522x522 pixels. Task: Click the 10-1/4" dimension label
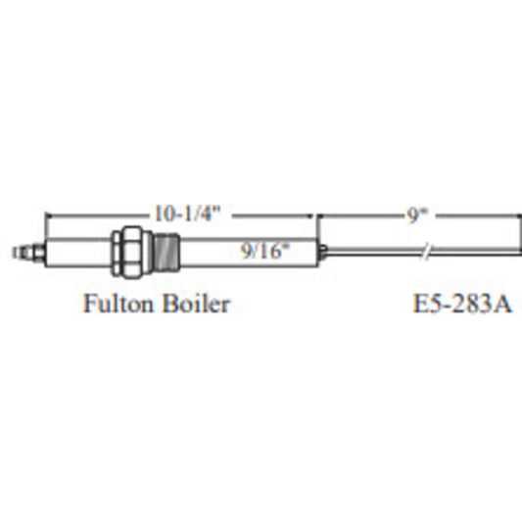tap(187, 214)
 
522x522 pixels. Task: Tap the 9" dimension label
tap(417, 215)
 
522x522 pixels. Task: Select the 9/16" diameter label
tap(265, 251)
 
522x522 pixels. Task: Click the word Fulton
tap(119, 304)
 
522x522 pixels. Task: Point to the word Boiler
tap(197, 304)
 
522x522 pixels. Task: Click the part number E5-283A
tap(461, 304)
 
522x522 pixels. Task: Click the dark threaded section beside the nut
tap(166, 252)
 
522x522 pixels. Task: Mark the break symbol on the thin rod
tap(427, 252)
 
